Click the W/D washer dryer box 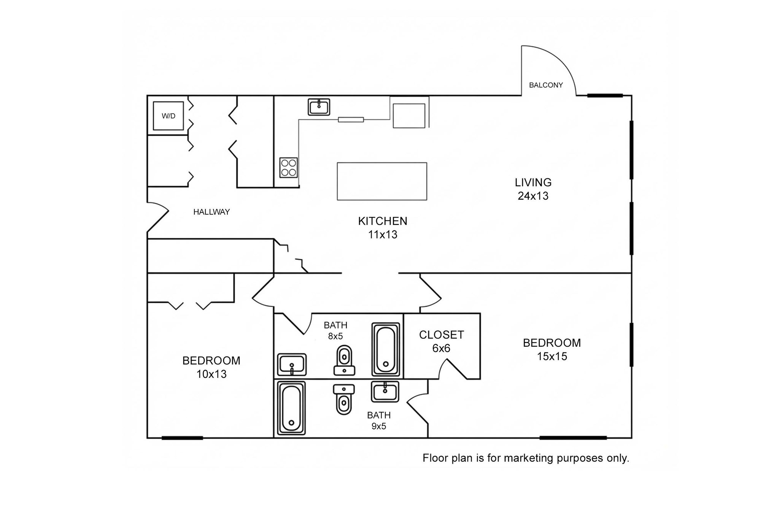(169, 116)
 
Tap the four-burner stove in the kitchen (288, 168)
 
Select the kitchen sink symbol (319, 107)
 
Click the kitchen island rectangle (382, 181)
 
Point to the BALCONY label (545, 85)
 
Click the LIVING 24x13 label (533, 189)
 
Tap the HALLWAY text (211, 212)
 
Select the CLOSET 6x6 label (441, 341)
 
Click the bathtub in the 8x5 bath (386, 349)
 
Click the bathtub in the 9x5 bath (291, 408)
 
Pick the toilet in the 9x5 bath (344, 399)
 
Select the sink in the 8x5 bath (292, 365)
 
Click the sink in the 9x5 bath (385, 392)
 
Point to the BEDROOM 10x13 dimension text (211, 374)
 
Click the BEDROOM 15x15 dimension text (552, 357)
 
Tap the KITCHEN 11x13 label (383, 228)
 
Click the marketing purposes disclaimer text (526, 458)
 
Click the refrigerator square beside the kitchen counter (409, 116)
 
